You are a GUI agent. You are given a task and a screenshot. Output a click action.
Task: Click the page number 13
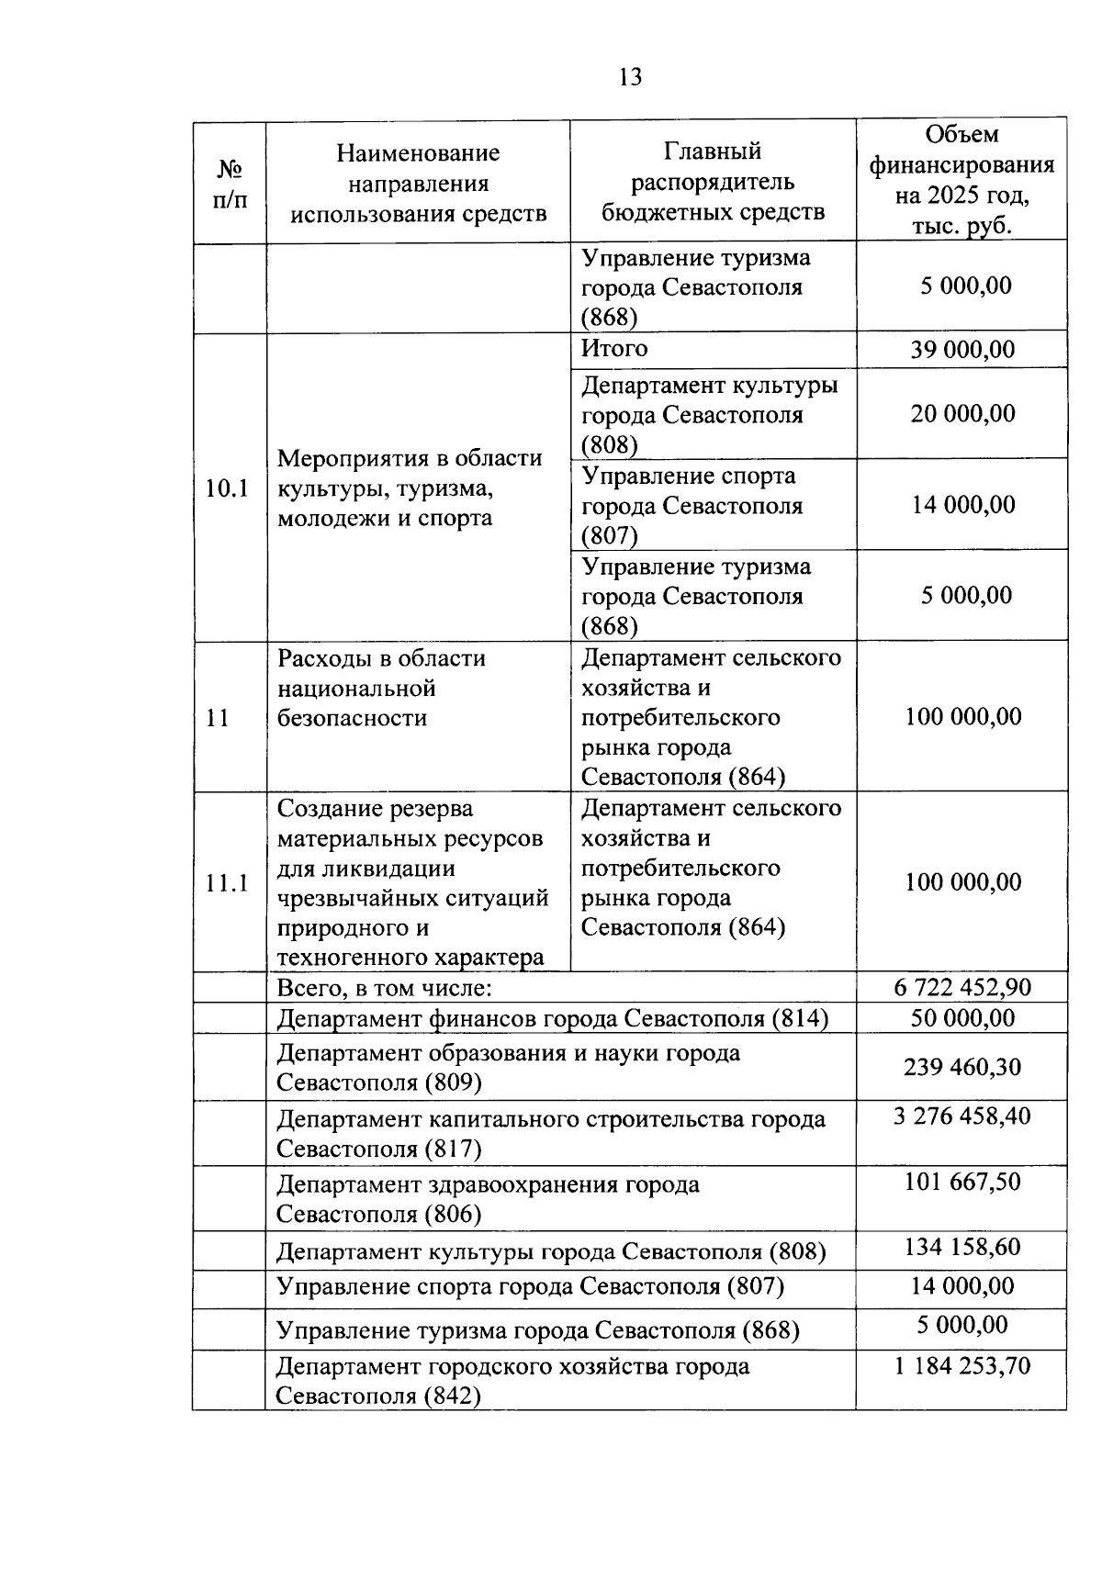(x=631, y=77)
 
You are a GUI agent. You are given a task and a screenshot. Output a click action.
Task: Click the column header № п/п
(x=230, y=184)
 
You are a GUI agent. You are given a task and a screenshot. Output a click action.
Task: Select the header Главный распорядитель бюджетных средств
(x=713, y=182)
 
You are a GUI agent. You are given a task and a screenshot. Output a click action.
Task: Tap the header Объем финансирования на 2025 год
(x=961, y=180)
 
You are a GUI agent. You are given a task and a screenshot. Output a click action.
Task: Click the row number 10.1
(x=228, y=488)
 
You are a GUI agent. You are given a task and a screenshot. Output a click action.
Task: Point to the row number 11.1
(x=228, y=883)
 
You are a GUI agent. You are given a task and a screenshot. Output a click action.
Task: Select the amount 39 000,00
(x=962, y=350)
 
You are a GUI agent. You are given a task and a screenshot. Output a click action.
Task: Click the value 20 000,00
(x=962, y=413)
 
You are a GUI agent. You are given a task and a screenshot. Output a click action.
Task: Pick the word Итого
(x=614, y=349)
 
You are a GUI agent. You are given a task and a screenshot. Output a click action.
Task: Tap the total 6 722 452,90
(x=961, y=988)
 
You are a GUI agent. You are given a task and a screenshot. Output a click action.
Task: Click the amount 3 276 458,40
(x=961, y=1116)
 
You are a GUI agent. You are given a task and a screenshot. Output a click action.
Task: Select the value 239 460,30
(x=961, y=1068)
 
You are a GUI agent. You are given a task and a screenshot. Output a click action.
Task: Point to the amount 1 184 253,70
(x=961, y=1366)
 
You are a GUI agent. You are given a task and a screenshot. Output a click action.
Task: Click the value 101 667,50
(x=961, y=1182)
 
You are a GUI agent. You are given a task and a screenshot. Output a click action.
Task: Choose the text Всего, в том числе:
(x=385, y=989)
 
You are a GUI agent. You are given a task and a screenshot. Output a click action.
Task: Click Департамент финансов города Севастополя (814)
(x=553, y=1018)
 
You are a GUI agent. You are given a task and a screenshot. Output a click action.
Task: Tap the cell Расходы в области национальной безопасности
(x=381, y=689)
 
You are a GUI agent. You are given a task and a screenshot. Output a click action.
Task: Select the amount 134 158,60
(x=961, y=1248)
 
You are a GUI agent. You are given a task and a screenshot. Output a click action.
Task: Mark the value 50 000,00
(x=961, y=1018)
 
